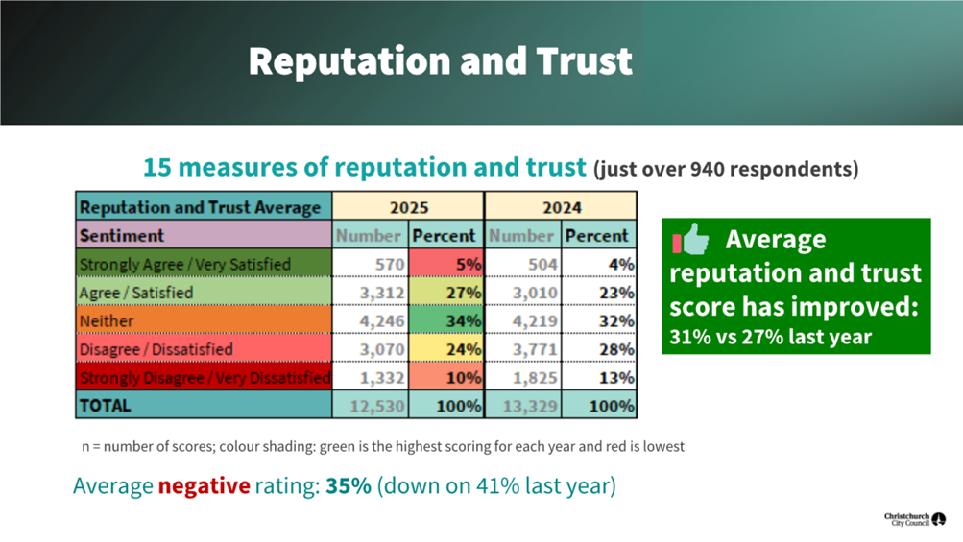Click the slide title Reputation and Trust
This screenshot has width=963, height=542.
[x=441, y=60]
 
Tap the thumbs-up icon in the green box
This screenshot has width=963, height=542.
[x=691, y=239]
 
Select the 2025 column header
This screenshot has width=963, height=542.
[x=408, y=206]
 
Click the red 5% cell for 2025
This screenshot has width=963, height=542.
[x=446, y=264]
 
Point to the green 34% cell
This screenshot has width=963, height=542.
[x=446, y=320]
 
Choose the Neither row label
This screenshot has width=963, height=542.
[x=107, y=320]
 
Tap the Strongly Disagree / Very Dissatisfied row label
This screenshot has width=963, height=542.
[x=204, y=377]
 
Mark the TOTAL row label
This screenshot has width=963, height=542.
[x=106, y=406]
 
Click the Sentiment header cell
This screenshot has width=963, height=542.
[x=122, y=235]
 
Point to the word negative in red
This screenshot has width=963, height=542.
[x=204, y=486]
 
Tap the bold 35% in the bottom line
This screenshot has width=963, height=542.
[x=348, y=486]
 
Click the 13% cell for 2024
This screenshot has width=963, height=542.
[x=599, y=377]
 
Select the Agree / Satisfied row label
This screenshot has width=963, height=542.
[x=136, y=293]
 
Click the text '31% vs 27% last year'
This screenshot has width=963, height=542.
[x=769, y=337]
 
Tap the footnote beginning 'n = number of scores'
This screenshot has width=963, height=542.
[x=383, y=447]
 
